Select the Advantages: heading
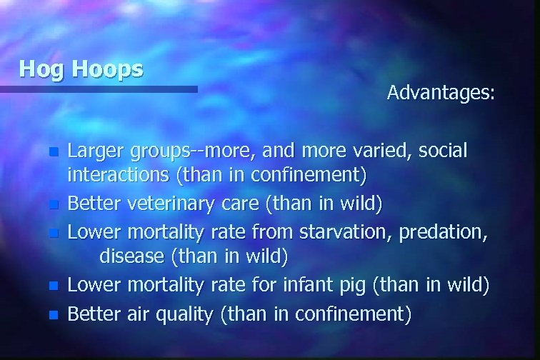point(440,93)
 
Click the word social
point(443,151)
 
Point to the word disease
point(129,254)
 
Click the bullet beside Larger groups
point(53,152)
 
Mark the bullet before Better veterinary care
point(53,205)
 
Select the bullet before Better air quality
point(53,314)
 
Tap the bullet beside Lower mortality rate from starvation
point(53,233)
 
